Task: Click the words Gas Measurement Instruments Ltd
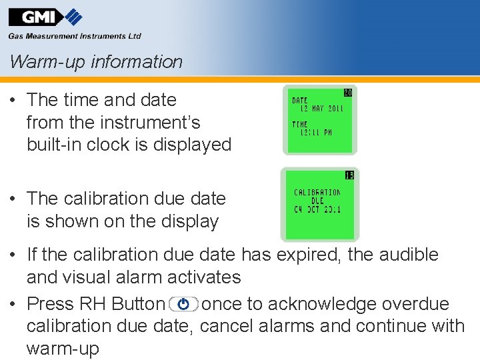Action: click(x=75, y=36)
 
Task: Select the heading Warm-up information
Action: click(x=96, y=62)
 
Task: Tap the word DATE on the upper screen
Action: click(x=300, y=101)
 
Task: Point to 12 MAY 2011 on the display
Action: click(x=321, y=109)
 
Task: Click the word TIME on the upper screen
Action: click(x=300, y=124)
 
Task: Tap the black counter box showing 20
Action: click(x=347, y=92)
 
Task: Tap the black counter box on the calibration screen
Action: click(x=349, y=175)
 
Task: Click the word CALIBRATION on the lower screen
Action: click(x=317, y=193)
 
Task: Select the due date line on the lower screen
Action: click(x=317, y=209)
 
